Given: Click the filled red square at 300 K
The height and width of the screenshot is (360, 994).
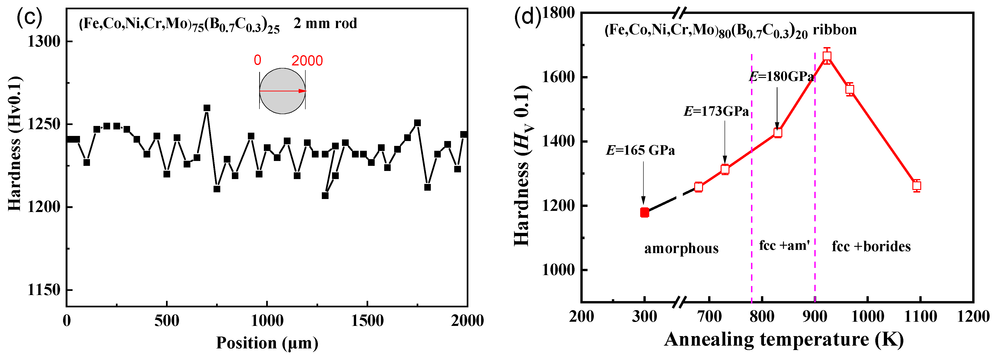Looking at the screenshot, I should [x=644, y=212].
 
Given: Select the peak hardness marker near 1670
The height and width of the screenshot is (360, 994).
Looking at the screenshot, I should [x=827, y=56].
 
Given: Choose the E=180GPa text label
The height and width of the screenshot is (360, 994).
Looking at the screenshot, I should [x=781, y=77].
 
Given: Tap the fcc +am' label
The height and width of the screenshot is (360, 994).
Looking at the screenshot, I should [x=784, y=245].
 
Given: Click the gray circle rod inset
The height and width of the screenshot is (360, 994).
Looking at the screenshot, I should [x=282, y=91].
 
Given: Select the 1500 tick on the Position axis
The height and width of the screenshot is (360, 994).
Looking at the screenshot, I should [x=367, y=321].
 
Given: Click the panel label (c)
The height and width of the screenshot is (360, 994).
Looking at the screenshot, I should [x=29, y=17].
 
